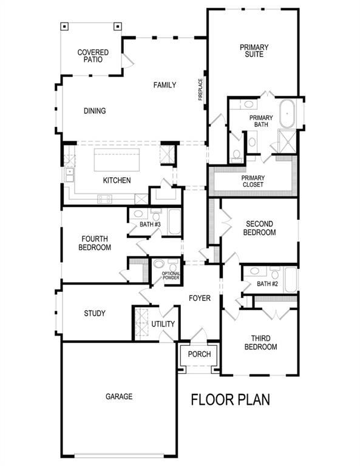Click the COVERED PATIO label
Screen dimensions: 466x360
click(x=93, y=56)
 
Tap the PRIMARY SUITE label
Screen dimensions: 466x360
click(x=254, y=50)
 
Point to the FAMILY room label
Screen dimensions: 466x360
click(x=165, y=86)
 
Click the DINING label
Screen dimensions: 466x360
click(x=95, y=111)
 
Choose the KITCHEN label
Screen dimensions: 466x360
click(x=117, y=180)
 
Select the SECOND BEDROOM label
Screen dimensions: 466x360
click(x=259, y=228)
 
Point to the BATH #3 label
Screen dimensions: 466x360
click(x=149, y=225)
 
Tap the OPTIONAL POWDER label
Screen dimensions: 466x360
click(x=171, y=277)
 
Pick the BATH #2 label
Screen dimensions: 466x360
click(x=267, y=283)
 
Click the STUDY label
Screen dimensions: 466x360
click(x=95, y=313)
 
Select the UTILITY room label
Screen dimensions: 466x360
click(x=163, y=325)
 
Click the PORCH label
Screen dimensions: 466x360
click(x=199, y=354)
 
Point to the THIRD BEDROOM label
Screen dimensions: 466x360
click(x=260, y=342)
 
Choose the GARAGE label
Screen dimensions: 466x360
click(x=119, y=396)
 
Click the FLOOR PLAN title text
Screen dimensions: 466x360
click(x=230, y=400)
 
